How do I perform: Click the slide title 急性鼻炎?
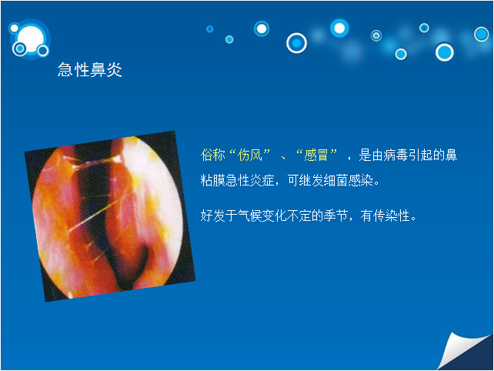point(90,70)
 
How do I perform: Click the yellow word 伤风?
point(250,155)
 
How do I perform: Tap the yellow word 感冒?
point(316,155)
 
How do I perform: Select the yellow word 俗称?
point(212,155)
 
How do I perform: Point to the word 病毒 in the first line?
point(396,155)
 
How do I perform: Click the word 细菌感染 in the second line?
point(349,181)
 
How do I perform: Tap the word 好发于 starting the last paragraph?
point(219,216)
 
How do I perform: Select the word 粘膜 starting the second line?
point(212,181)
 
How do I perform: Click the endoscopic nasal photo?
point(110,216)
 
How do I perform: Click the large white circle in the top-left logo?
point(31,39)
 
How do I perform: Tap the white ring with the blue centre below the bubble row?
point(296,43)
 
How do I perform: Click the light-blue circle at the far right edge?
point(482,34)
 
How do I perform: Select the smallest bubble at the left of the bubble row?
point(209,29)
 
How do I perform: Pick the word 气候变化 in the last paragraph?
point(262,216)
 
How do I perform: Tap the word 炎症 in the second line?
point(262,181)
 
